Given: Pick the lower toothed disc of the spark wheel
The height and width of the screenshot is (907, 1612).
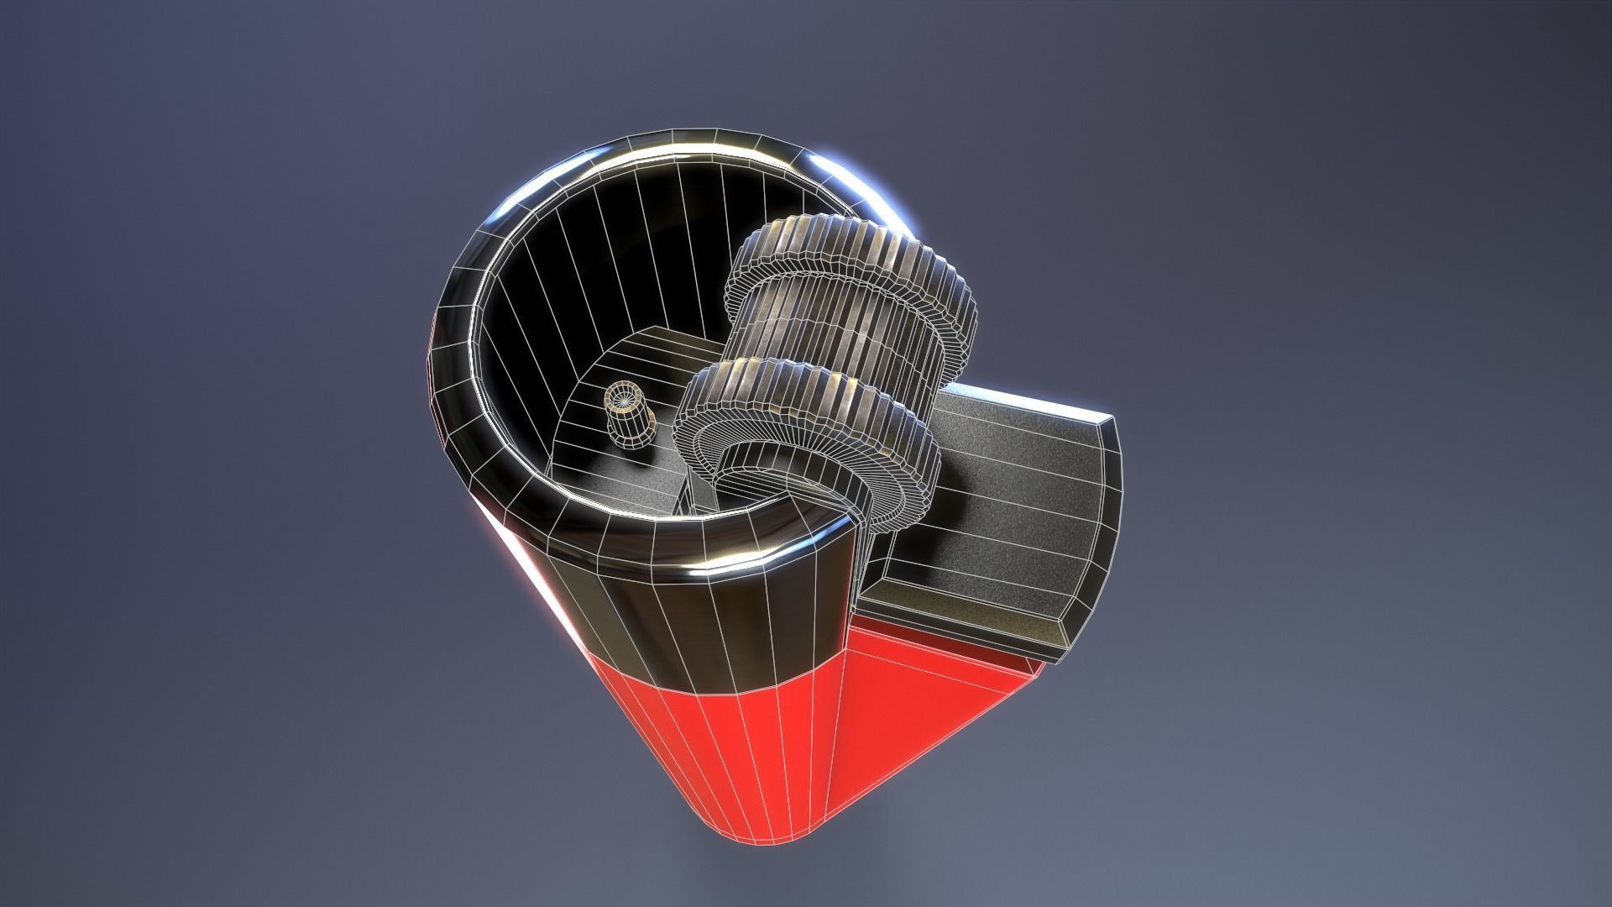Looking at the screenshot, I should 806,412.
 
